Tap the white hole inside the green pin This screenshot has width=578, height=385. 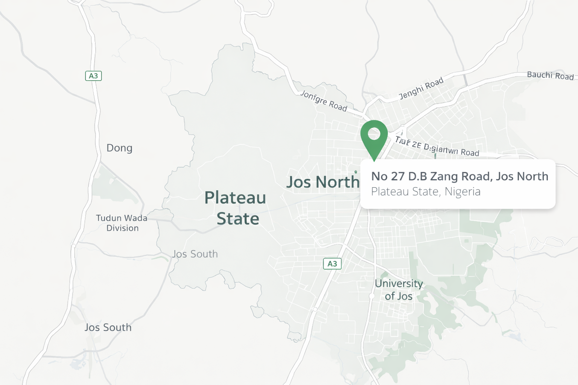pos(374,133)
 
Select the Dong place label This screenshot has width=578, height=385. pos(119,148)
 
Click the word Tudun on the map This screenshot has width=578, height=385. pos(109,218)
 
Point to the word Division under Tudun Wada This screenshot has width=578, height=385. pos(122,228)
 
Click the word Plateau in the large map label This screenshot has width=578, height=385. pos(235,198)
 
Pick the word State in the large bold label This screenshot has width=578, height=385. pos(238,219)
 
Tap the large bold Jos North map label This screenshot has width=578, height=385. pos(323,182)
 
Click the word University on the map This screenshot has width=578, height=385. pos(399,283)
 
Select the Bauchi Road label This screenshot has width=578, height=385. pos(550,76)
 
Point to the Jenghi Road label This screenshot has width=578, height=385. pos(421,88)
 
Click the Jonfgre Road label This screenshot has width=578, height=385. pos(324,101)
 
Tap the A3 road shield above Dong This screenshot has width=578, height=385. pos(93,76)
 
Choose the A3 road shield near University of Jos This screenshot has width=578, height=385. pos(332,264)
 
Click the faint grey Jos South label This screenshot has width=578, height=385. pos(195,254)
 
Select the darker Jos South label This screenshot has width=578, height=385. pos(108,327)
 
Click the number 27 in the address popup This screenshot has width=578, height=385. pos(397,176)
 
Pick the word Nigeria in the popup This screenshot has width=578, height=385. pos(462,192)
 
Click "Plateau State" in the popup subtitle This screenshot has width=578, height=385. pos(405,192)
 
